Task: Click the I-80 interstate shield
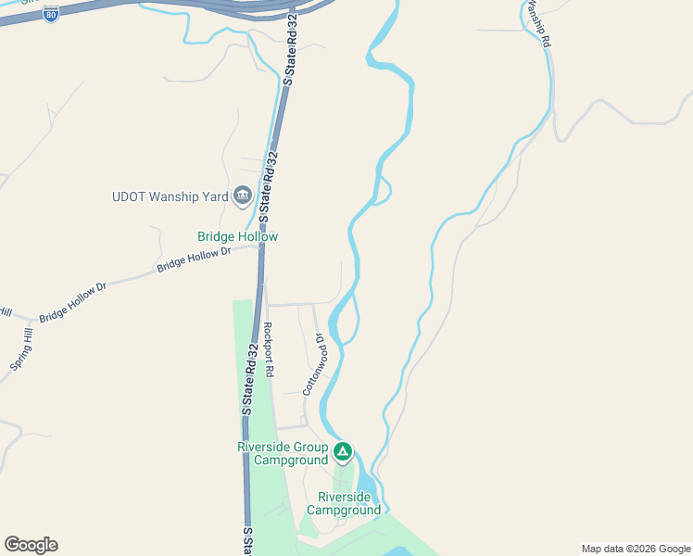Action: click(x=52, y=13)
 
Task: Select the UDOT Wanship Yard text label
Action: click(x=170, y=196)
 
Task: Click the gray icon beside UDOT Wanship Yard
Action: click(x=243, y=196)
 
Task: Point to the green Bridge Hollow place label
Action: click(x=237, y=237)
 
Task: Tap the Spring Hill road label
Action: click(x=22, y=352)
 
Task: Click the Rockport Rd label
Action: click(x=269, y=348)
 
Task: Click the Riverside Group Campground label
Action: click(x=283, y=453)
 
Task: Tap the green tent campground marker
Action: click(x=343, y=452)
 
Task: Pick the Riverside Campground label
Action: click(x=344, y=503)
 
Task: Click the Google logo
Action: click(x=31, y=545)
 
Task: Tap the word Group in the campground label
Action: click(x=309, y=447)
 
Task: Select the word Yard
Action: click(x=214, y=196)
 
